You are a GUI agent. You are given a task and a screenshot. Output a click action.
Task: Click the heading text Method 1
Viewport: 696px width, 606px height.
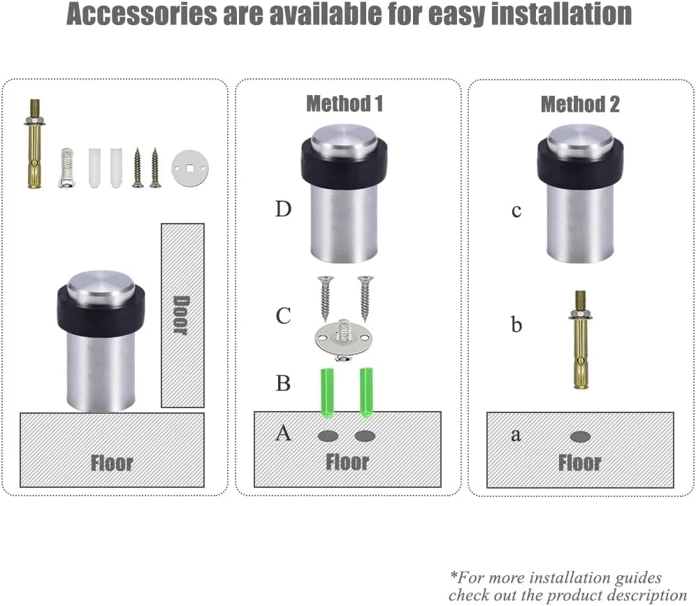pos(345,104)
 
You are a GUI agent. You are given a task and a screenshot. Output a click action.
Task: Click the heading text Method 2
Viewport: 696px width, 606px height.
pos(580,105)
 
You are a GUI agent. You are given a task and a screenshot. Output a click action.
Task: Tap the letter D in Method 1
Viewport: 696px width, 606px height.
pos(283,209)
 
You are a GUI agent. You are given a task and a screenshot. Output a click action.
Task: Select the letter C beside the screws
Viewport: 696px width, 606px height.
pos(283,316)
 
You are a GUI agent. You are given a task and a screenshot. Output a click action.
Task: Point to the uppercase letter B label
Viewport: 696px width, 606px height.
pos(283,383)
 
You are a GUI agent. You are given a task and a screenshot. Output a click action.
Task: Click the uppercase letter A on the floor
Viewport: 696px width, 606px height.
pos(283,433)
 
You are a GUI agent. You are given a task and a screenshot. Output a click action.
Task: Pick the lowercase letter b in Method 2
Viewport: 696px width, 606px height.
pos(516,324)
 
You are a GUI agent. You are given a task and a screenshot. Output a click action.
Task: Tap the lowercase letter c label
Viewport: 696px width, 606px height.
pos(516,211)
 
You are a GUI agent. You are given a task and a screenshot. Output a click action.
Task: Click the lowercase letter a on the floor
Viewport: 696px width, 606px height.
pos(516,435)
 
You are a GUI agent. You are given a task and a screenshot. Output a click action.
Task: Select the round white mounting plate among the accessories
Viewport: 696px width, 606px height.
pos(190,168)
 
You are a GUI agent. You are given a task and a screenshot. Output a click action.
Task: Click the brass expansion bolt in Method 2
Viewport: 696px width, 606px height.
pos(580,340)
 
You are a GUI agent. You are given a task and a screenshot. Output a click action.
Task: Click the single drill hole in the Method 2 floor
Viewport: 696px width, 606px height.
pos(580,437)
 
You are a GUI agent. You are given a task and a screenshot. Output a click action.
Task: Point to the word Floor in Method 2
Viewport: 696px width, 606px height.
pos(580,463)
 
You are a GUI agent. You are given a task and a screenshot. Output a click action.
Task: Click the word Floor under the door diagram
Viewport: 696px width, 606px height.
pos(112,463)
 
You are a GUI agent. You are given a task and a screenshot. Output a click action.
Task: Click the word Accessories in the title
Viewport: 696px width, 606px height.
pos(142,14)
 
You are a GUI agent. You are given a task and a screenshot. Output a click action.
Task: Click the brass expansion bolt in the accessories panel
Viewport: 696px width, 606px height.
pos(34,144)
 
